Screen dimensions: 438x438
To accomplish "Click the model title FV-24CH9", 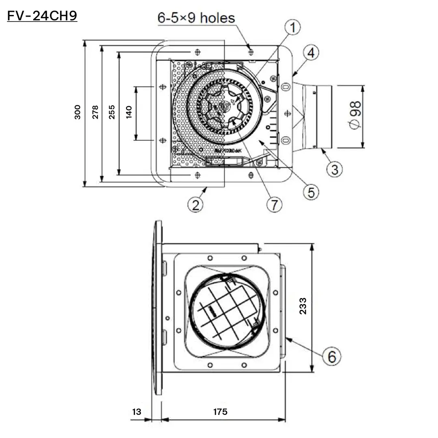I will (x=42, y=16).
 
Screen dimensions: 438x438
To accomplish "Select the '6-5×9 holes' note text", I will (x=196, y=18).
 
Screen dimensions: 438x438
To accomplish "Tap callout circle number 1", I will (x=292, y=28).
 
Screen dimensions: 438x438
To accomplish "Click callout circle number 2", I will (x=195, y=205).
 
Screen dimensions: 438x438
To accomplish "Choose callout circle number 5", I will (x=310, y=192).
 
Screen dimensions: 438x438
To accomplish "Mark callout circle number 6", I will (x=332, y=357).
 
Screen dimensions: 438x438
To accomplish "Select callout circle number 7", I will (x=274, y=205).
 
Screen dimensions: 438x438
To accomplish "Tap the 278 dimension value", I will (x=95, y=112).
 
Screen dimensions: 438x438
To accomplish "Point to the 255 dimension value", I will (x=112, y=112).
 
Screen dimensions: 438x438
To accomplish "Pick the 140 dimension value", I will (x=129, y=112).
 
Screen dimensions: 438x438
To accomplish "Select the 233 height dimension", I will (x=303, y=307).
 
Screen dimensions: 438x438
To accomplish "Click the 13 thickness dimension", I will (x=137, y=412).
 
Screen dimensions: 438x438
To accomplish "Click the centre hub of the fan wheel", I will (x=223, y=105).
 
